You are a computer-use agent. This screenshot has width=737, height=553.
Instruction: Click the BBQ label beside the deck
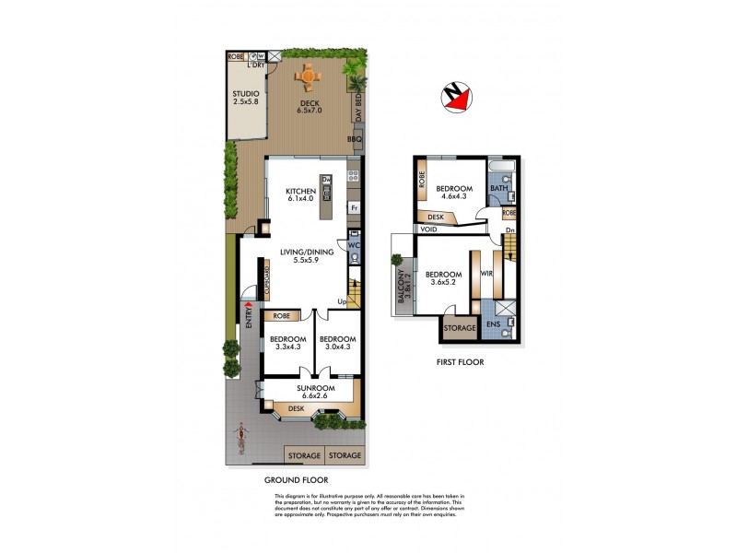pyautogui.click(x=354, y=139)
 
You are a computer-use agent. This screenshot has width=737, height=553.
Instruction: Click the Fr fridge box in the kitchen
pyautogui.click(x=353, y=208)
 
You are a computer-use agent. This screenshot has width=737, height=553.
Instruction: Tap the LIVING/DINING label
pyautogui.click(x=301, y=255)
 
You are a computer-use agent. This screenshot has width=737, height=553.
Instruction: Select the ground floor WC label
pyautogui.click(x=353, y=245)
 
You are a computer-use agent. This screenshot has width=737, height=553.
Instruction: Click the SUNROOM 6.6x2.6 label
pyautogui.click(x=310, y=393)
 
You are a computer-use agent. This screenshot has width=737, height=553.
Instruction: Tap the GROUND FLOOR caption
pyautogui.click(x=297, y=480)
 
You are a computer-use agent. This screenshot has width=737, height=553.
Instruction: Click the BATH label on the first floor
pyautogui.click(x=499, y=190)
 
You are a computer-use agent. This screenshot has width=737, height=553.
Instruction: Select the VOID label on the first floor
pyautogui.click(x=429, y=229)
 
